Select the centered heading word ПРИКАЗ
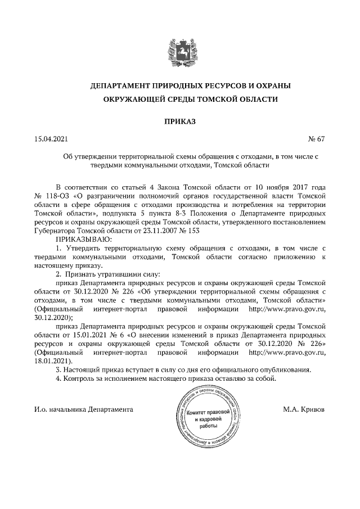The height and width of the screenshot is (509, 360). (x=179, y=120)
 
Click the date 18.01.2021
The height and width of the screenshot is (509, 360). (x=51, y=361)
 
